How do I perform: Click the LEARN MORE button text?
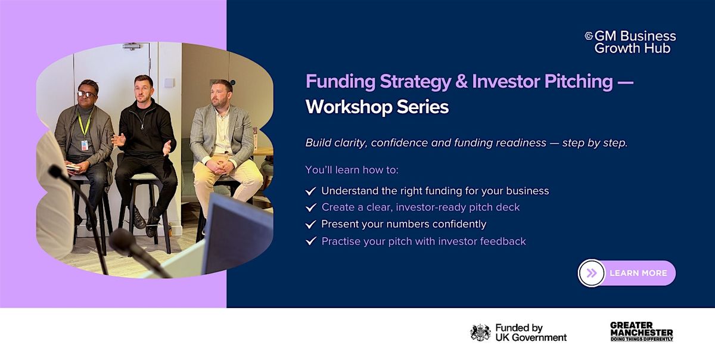(x=638, y=273)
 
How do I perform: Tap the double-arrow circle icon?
(x=592, y=273)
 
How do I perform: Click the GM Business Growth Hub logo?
(x=630, y=42)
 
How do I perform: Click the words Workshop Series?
(x=377, y=107)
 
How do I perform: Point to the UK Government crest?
(x=480, y=333)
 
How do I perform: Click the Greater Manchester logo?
(x=642, y=331)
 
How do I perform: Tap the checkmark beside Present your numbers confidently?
(x=310, y=224)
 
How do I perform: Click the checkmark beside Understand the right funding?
(x=310, y=191)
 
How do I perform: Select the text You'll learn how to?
(x=352, y=170)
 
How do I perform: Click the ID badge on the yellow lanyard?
(x=85, y=145)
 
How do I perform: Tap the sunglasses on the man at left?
(x=86, y=94)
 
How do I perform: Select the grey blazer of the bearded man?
(x=222, y=134)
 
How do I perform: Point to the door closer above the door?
(x=132, y=46)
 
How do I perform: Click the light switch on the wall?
(x=169, y=83)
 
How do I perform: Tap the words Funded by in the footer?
(x=519, y=328)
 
